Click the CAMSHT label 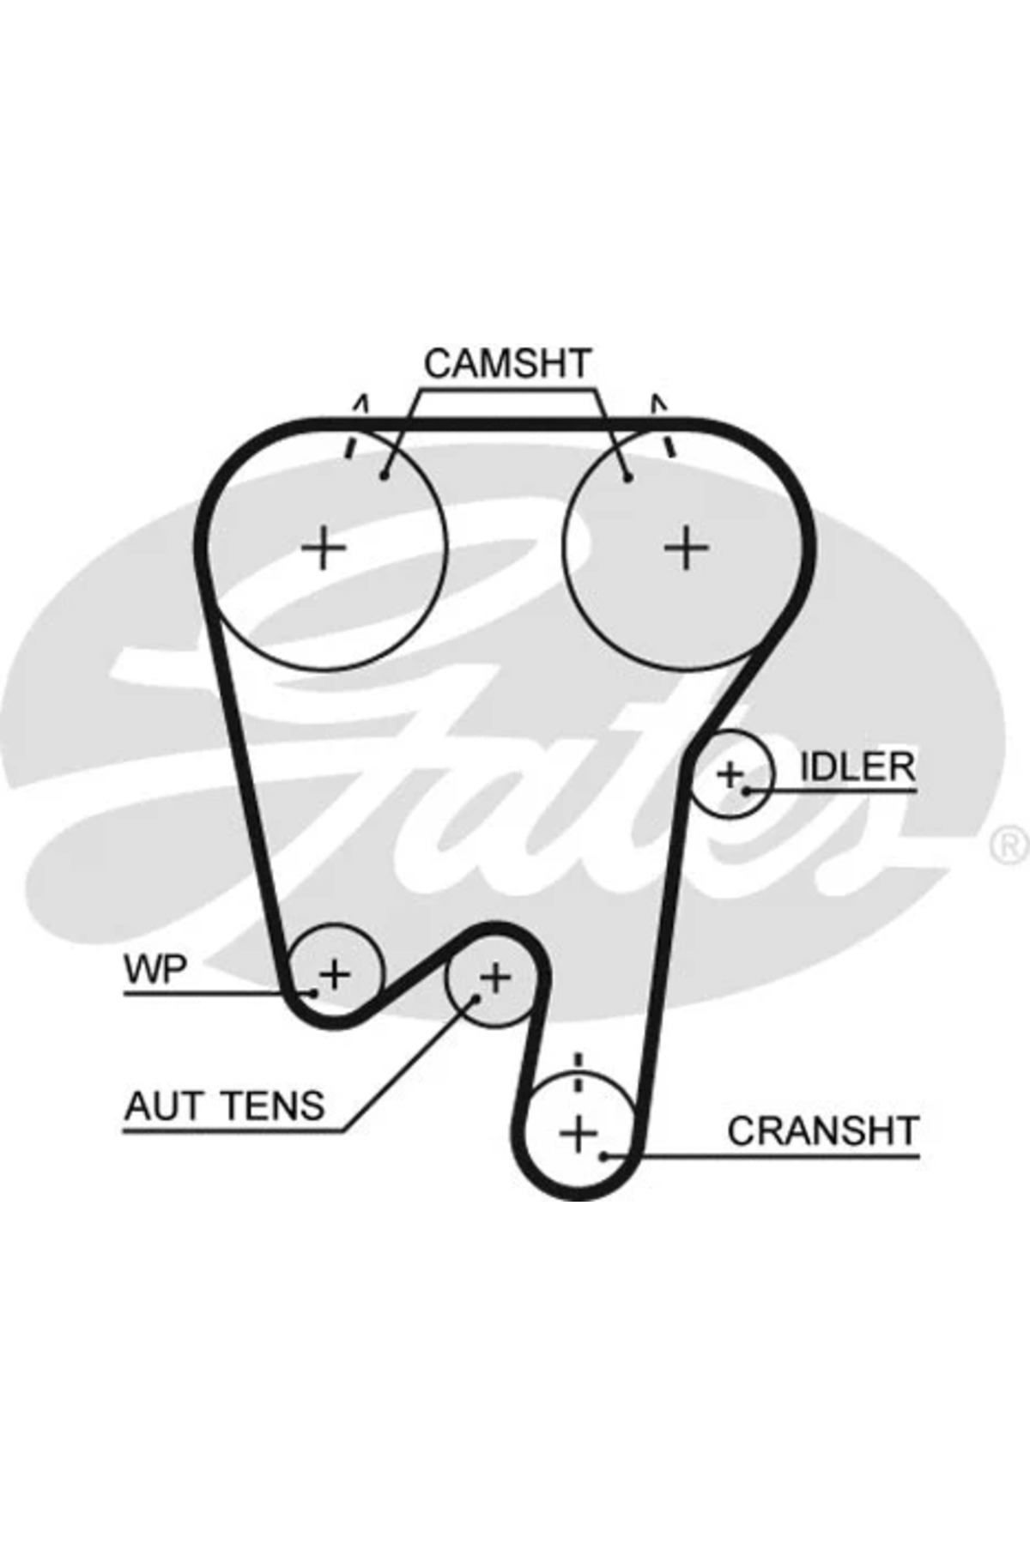tap(507, 364)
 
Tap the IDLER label tap(857, 766)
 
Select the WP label tap(155, 970)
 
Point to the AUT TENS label tap(225, 1106)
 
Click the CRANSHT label tap(823, 1131)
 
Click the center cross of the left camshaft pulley tap(324, 547)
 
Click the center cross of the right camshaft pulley tap(687, 547)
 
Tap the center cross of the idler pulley tap(730, 774)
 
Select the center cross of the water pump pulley tap(336, 974)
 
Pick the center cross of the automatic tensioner tap(495, 977)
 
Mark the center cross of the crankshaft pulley tap(579, 1134)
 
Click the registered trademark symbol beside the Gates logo tap(1010, 845)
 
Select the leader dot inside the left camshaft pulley tap(385, 476)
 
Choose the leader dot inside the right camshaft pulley tap(628, 477)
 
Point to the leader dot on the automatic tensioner tap(476, 998)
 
